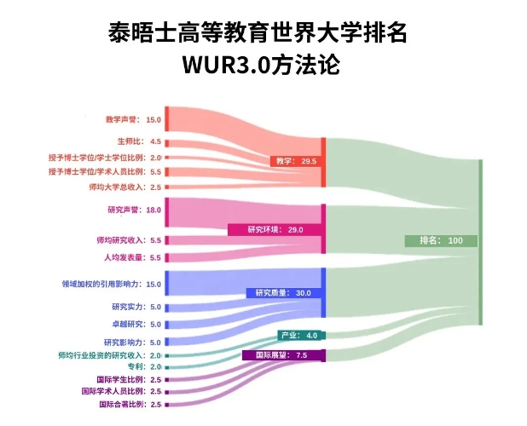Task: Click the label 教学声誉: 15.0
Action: coord(133,119)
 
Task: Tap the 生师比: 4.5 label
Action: coord(139,141)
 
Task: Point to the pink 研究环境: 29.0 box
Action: coord(275,230)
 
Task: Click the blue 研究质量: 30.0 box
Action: coord(283,293)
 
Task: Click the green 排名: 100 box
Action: coord(441,241)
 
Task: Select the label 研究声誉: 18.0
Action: coord(134,210)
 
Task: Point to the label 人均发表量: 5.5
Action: coord(132,258)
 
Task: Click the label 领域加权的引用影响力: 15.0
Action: coord(111,285)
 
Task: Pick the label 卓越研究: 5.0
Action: coord(136,325)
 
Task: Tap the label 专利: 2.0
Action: coord(144,366)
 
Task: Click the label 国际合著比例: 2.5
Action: coord(130,404)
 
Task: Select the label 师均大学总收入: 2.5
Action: coord(125,187)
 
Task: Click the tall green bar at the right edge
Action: coord(481,242)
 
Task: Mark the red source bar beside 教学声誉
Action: coord(166,118)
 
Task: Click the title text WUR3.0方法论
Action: coord(261,65)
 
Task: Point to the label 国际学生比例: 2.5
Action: coord(129,380)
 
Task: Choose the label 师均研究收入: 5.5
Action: coord(129,240)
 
